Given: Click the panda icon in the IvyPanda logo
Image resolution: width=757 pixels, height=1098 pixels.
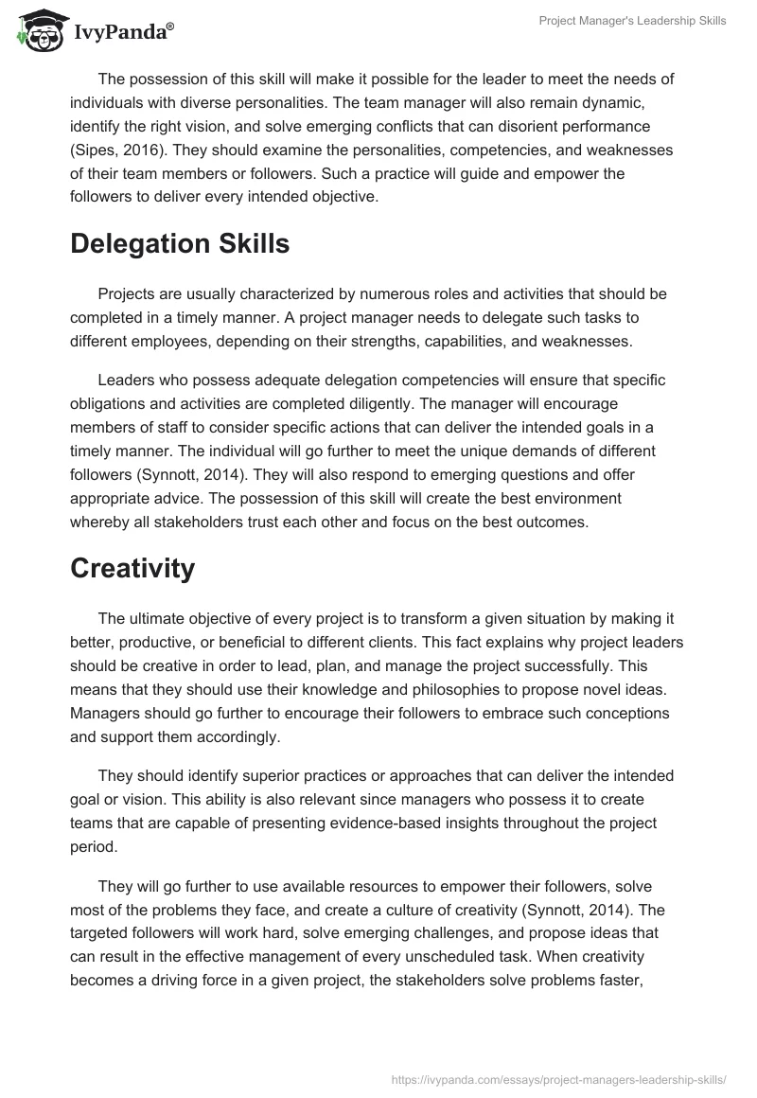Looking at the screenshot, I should point(38,31).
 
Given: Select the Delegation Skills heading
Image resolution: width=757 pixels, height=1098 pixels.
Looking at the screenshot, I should point(180,243).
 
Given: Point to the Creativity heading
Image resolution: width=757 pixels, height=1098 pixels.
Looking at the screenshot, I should point(132,568).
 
